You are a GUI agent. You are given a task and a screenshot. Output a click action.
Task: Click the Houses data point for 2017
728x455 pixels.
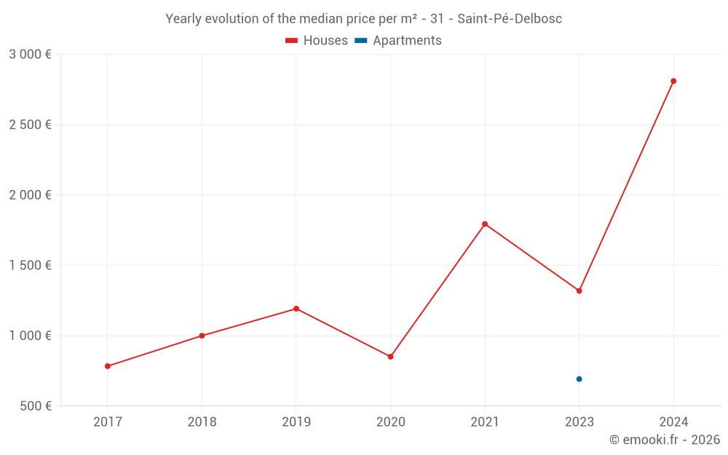[108, 366]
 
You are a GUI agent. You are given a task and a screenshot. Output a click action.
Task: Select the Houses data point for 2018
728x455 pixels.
[202, 336]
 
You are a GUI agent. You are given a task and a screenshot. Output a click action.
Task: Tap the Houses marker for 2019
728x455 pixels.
[296, 309]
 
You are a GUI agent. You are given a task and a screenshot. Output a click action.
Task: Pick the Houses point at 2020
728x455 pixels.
[390, 357]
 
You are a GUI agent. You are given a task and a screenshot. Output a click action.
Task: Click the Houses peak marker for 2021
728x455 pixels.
[485, 224]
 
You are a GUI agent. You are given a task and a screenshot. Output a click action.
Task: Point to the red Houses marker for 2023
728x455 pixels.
[579, 290]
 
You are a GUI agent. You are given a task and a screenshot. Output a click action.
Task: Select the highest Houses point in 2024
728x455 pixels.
[673, 81]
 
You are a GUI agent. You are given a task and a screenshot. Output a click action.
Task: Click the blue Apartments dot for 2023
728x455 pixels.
[579, 379]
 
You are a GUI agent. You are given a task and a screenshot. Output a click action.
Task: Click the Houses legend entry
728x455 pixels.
[317, 41]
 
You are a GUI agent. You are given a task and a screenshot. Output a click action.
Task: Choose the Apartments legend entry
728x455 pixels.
[398, 41]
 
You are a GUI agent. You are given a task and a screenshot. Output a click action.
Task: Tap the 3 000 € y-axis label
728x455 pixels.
[30, 55]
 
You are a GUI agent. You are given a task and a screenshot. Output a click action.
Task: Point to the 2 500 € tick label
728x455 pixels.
[30, 124]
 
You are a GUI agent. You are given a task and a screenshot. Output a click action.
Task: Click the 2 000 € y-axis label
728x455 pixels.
[30, 195]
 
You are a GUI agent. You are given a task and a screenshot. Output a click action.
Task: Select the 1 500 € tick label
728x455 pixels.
[30, 266]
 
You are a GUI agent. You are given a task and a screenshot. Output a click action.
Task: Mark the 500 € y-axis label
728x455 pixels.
[35, 406]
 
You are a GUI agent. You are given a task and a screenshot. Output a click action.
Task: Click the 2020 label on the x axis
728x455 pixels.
[390, 422]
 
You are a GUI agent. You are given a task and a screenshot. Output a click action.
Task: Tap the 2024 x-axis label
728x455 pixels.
[673, 422]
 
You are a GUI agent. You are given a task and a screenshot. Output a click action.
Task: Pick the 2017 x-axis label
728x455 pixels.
[108, 422]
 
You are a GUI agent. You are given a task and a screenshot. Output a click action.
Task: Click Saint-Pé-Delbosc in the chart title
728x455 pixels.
[510, 19]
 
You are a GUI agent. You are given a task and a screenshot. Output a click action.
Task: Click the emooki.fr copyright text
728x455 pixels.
[665, 440]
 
